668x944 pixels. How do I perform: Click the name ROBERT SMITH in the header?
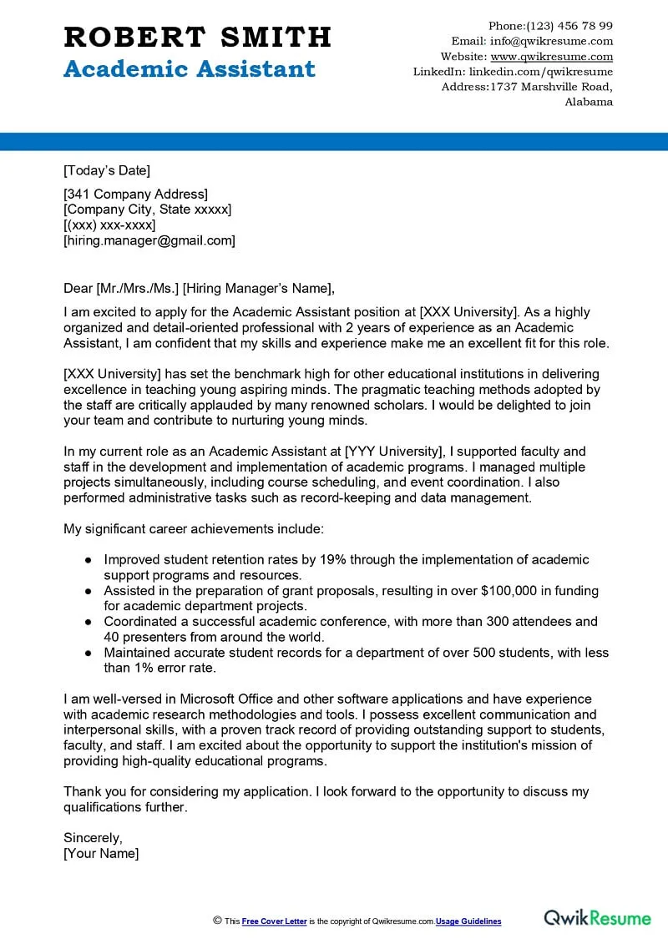pos(197,38)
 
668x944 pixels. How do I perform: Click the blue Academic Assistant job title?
pos(190,69)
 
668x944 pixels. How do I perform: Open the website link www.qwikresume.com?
pos(551,57)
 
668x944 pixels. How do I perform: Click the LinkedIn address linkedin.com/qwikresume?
pos(541,72)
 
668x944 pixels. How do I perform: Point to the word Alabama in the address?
pos(589,102)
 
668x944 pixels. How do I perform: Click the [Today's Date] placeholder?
pos(107,171)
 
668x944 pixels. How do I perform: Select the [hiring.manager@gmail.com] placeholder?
pos(149,240)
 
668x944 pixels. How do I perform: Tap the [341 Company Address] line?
pos(135,194)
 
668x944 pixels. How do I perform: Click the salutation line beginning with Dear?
pos(199,289)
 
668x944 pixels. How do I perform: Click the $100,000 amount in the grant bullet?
pos(518,591)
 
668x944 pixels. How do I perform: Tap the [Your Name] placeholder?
pos(101,853)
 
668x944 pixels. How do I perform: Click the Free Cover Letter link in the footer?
pos(274,921)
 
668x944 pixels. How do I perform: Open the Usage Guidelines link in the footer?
pos(468,921)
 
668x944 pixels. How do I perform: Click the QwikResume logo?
pos(597,918)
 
